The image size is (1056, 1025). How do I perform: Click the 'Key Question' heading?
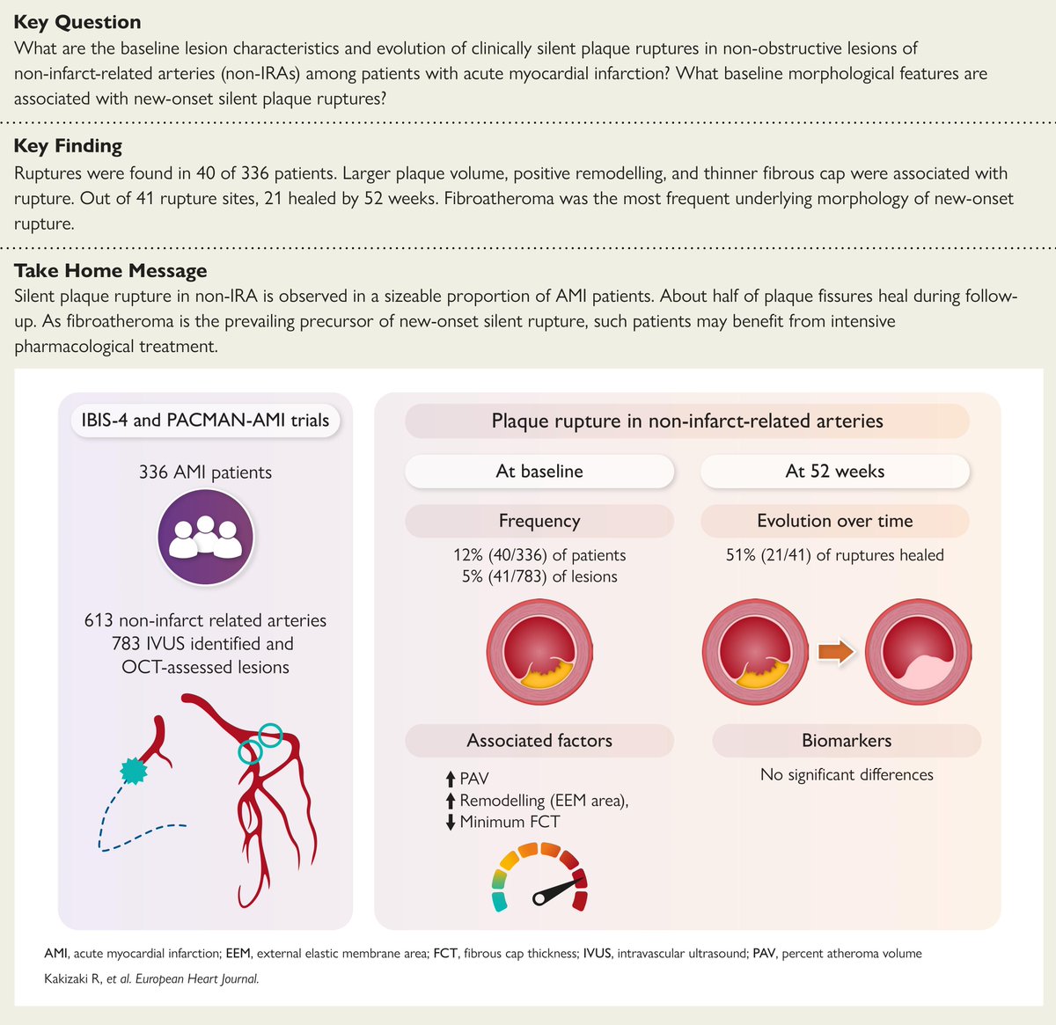[77, 22]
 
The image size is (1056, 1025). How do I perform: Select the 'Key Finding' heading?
[68, 146]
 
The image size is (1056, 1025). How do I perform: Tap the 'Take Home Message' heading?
[111, 271]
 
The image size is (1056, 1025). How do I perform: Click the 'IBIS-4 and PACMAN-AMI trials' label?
[206, 421]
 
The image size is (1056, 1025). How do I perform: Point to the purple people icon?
[205, 537]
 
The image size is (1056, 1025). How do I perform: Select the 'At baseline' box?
[539, 472]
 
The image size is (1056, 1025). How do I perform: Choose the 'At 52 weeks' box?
[834, 472]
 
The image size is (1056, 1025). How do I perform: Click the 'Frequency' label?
[539, 521]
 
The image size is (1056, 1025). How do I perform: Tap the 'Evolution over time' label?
[834, 521]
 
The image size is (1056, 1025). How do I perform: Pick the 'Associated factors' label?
[539, 741]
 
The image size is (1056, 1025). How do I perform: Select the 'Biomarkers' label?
[846, 741]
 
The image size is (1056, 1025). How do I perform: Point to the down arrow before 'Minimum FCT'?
[451, 822]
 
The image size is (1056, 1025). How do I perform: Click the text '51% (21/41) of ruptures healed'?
[834, 555]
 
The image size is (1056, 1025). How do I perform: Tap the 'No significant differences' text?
[846, 775]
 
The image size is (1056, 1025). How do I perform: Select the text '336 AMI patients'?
[205, 472]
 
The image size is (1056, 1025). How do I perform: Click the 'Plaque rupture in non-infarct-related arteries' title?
[686, 421]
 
